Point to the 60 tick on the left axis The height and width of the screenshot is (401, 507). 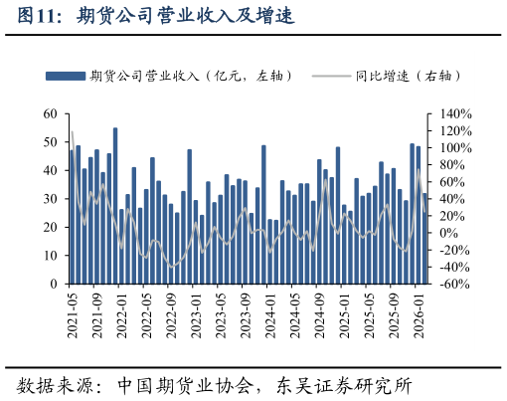pyautogui.click(x=51, y=114)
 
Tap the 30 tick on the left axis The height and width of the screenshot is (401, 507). pyautogui.click(x=51, y=199)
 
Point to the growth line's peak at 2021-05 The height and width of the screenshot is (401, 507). pyautogui.click(x=73, y=131)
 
